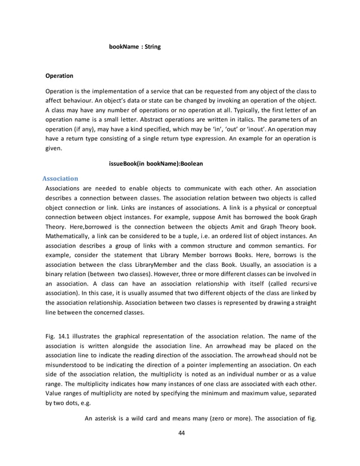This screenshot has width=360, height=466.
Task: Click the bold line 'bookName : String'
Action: [x=134, y=47]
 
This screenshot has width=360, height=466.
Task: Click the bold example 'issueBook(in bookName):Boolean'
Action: [x=155, y=164]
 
